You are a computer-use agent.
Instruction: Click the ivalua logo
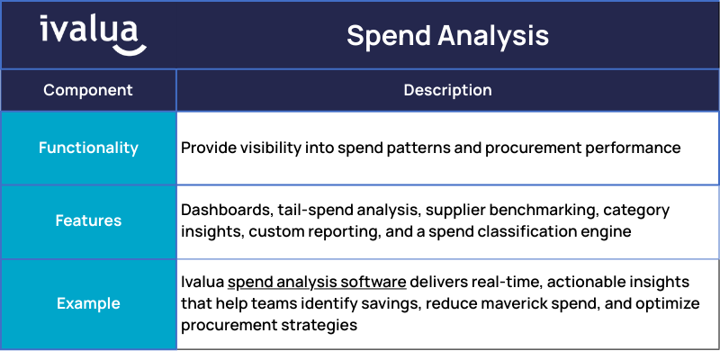coord(94,35)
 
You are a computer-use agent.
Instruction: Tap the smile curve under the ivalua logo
coord(130,50)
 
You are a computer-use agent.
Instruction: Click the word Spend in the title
coord(388,36)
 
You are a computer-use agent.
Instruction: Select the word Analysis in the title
coord(493,36)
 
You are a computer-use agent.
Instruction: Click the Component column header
coord(88,90)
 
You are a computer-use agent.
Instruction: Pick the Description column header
coord(447,90)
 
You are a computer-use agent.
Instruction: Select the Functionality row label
coord(88,148)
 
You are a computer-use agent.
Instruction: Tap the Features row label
coord(88,220)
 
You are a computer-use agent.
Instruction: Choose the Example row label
coord(88,303)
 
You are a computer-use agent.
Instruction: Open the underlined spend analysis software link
coord(317,282)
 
